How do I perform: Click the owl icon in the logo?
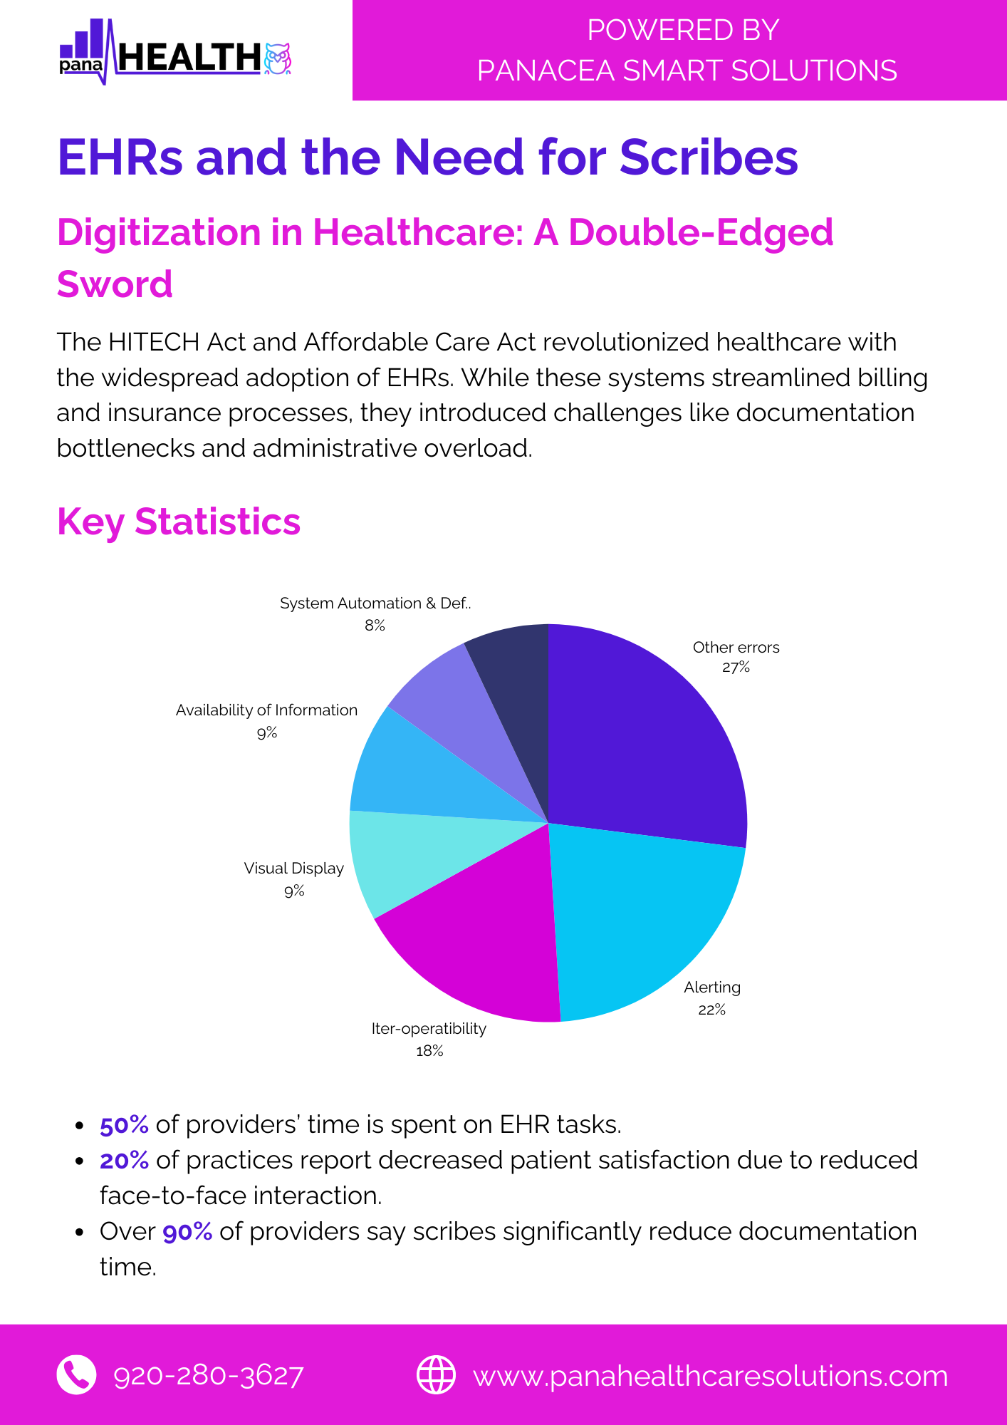278,59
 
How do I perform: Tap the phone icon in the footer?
76,1374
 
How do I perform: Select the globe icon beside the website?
436,1374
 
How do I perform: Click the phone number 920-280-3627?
209,1376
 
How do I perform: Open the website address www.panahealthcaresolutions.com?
711,1376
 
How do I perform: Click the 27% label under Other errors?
736,668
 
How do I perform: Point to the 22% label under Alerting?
711,1010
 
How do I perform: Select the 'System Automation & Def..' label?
375,603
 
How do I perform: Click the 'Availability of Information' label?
266,710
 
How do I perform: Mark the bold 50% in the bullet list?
124,1125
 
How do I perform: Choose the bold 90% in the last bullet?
187,1232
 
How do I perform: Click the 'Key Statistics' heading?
179,522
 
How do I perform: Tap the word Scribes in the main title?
709,157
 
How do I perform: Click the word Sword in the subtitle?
115,284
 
